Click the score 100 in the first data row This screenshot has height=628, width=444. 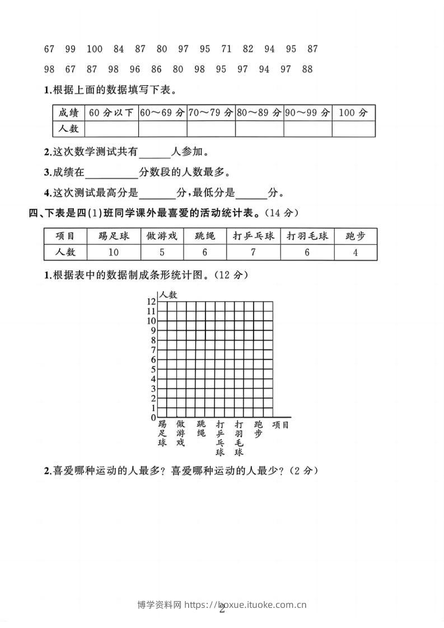point(95,49)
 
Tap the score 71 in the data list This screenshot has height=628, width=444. point(226,49)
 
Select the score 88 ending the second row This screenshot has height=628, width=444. point(307,69)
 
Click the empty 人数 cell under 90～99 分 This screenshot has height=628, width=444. point(307,129)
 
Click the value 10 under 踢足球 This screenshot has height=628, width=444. point(113,252)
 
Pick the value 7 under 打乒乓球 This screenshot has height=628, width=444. point(253,252)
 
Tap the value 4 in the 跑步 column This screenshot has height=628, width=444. point(356,252)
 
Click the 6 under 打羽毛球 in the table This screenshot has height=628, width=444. point(307,252)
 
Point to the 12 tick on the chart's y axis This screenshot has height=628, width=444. point(151,302)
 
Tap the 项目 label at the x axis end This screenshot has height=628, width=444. point(281,425)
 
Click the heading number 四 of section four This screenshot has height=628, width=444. point(32,213)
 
